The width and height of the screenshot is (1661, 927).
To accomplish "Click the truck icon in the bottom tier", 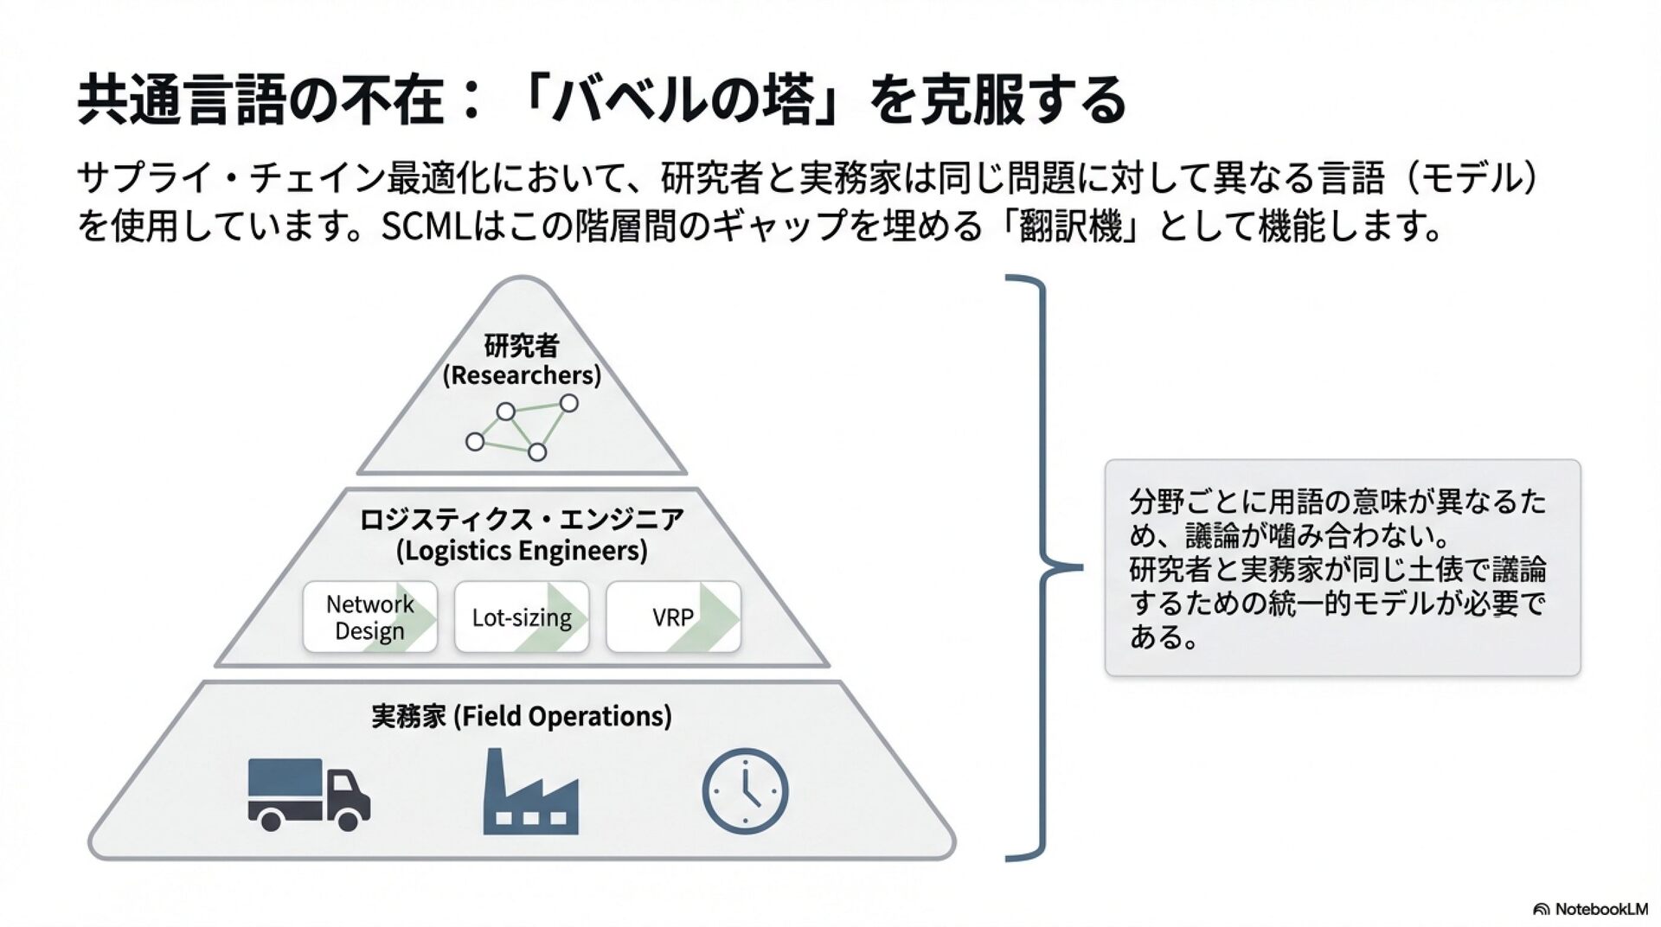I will [x=309, y=794].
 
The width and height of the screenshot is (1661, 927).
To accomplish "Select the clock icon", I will [x=745, y=791].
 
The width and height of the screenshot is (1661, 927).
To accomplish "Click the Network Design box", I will [x=369, y=617].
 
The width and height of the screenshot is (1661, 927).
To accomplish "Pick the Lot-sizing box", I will [x=522, y=617].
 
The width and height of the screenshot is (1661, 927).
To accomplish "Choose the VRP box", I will [x=673, y=617].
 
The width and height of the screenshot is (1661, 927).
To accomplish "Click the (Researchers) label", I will [x=522, y=375].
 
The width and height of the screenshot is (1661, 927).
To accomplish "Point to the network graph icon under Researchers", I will [x=521, y=428].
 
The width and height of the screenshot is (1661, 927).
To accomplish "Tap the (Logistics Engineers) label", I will [x=522, y=551].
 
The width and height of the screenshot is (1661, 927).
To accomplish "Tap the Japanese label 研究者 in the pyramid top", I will [x=522, y=346].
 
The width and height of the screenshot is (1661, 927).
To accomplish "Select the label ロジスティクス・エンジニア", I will [x=522, y=520].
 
